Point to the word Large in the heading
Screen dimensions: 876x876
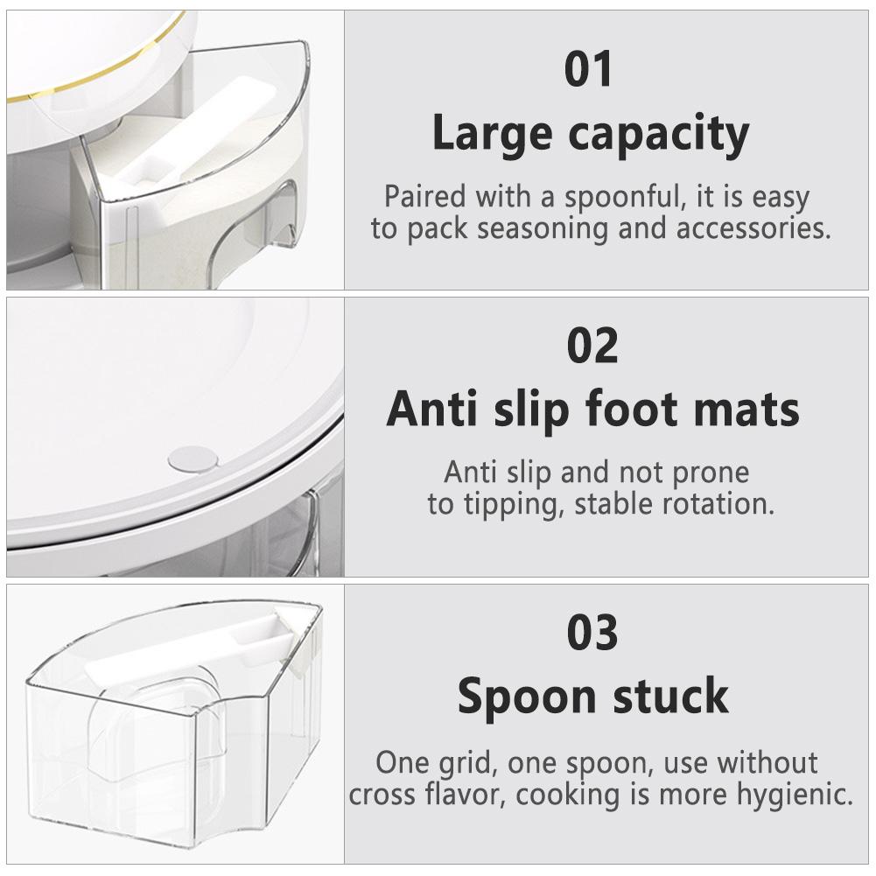point(490,136)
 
